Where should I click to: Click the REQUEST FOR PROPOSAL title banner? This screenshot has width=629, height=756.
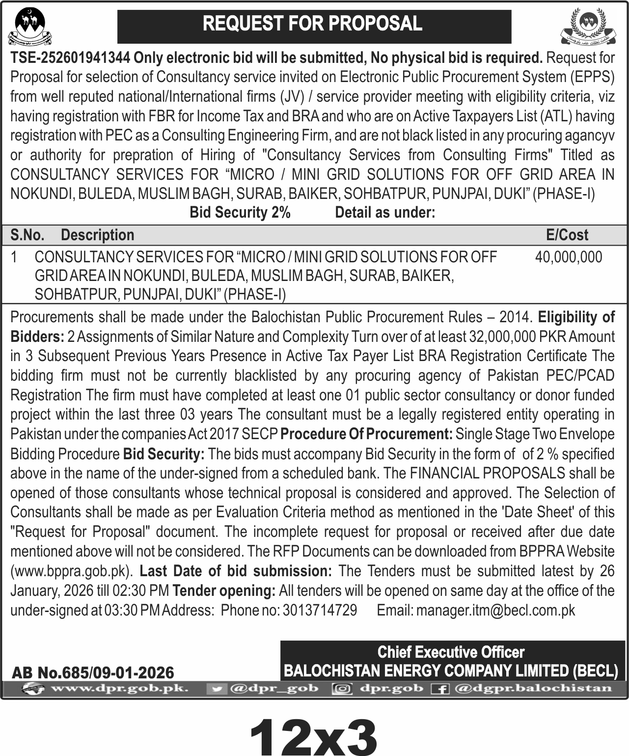tap(314, 24)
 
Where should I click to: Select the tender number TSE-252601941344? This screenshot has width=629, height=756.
tap(70, 58)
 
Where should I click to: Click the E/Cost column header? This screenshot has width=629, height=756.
tap(567, 235)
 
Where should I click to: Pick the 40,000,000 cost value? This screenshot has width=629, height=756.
tap(568, 257)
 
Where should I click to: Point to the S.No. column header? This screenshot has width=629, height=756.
tap(27, 235)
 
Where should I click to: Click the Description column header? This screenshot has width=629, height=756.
tap(97, 235)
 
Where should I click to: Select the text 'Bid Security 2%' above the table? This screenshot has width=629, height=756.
tap(240, 213)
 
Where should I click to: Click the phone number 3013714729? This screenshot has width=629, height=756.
tap(320, 610)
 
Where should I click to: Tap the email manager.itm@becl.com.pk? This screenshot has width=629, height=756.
tap(495, 610)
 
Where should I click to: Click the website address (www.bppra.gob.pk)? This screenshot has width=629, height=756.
tap(72, 571)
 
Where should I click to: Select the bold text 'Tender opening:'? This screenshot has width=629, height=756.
tap(224, 590)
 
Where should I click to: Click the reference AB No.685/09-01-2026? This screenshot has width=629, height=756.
tap(92, 672)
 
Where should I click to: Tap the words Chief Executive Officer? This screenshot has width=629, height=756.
tap(451, 652)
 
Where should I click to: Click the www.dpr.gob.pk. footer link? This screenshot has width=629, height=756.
tap(119, 688)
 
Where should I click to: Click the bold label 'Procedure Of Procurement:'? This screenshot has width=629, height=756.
tap(367, 434)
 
